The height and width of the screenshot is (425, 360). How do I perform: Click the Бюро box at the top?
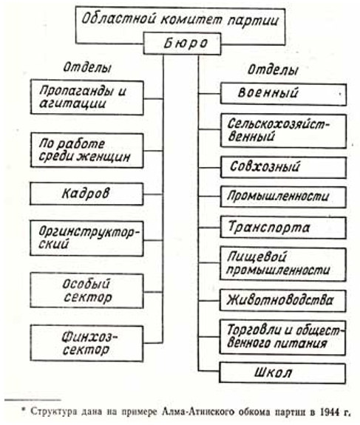click(x=182, y=44)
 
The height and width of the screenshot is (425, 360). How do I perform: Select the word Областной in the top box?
click(x=119, y=19)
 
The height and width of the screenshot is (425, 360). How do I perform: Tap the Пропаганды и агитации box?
click(x=86, y=98)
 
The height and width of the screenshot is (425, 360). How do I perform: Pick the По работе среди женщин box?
click(x=86, y=151)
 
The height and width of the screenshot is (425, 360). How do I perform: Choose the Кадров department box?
click(x=86, y=194)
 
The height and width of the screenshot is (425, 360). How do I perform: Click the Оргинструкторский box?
click(x=86, y=239)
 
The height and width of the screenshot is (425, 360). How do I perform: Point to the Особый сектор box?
click(x=86, y=290)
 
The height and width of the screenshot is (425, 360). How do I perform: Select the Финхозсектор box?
click(x=86, y=344)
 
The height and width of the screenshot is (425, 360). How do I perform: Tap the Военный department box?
click(x=283, y=94)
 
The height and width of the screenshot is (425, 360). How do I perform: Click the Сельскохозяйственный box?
click(x=283, y=131)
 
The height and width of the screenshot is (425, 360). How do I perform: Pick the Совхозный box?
click(x=283, y=167)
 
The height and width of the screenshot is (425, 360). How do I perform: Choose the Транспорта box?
click(x=283, y=228)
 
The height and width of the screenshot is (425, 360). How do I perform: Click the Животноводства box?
click(x=282, y=301)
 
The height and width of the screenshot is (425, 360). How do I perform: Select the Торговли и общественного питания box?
click(x=282, y=338)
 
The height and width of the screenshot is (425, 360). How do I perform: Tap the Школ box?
click(x=282, y=373)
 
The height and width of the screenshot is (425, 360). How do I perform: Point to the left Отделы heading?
click(x=87, y=67)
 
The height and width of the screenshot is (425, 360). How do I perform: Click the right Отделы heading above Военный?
click(x=273, y=70)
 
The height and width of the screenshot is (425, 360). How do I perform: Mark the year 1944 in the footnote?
click(x=329, y=412)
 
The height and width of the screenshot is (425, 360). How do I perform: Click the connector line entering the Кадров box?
click(x=153, y=194)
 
